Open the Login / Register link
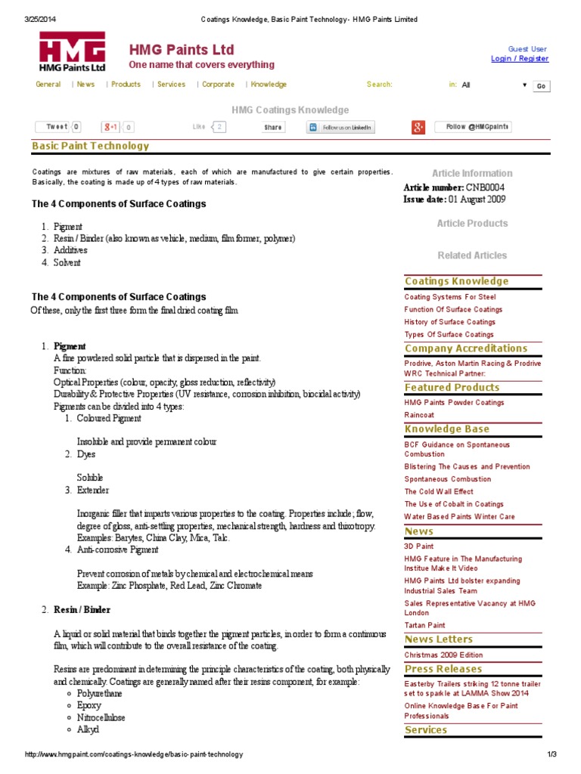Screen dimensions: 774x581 coord(520,59)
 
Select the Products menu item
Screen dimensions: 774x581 coord(126,85)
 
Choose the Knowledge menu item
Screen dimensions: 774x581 coord(269,85)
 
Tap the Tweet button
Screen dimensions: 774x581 coord(57,127)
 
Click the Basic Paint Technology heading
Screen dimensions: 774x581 coord(90,146)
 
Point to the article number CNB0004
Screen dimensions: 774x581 coord(484,187)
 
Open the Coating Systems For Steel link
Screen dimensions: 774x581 coord(450,297)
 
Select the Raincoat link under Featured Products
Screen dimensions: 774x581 coord(419,415)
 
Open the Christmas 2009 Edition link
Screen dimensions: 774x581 coord(443,655)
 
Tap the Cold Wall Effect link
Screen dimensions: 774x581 coord(439,491)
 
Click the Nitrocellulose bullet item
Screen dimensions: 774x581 coord(101,717)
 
